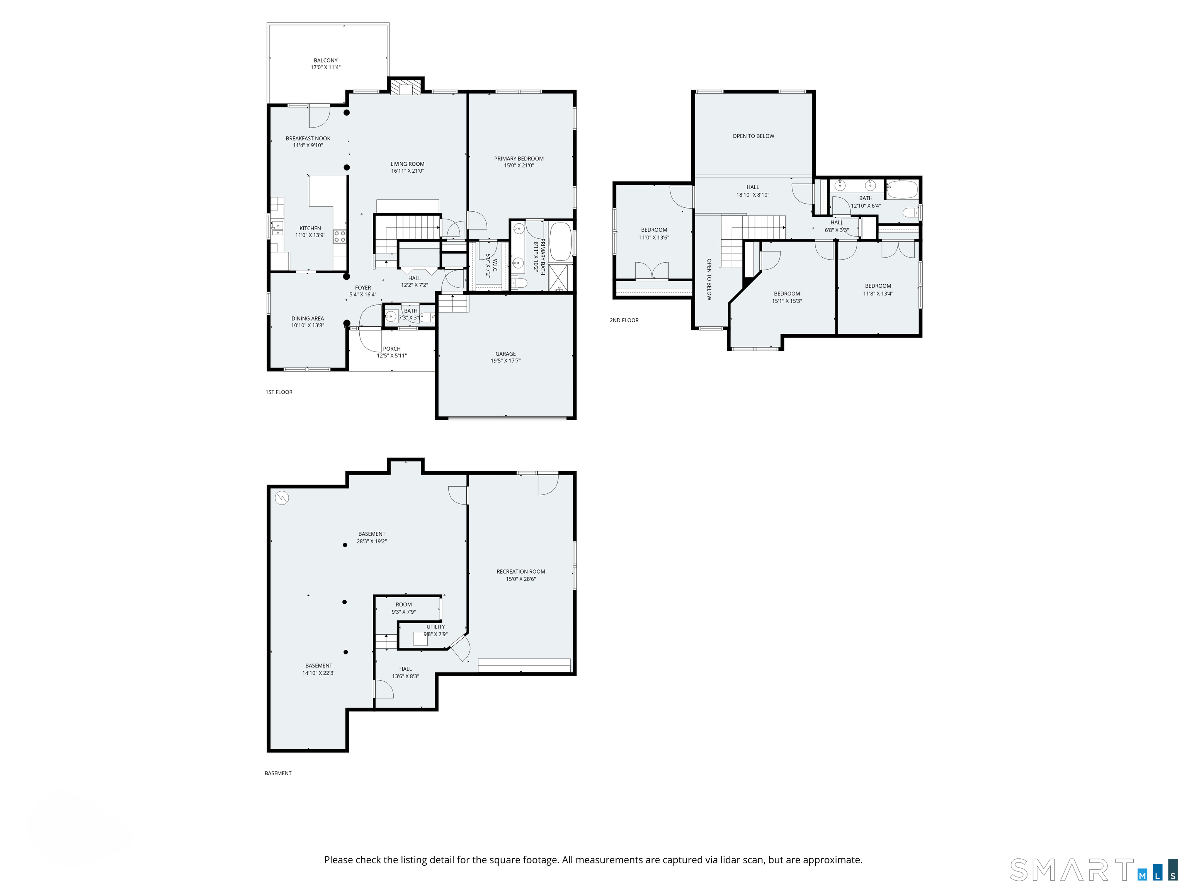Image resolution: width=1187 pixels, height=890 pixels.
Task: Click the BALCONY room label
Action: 326,61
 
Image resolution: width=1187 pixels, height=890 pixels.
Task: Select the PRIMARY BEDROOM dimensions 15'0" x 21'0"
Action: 519,166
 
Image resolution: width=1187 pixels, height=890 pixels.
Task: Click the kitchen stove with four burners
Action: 340,236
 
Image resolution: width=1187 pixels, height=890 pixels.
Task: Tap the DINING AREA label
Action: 308,319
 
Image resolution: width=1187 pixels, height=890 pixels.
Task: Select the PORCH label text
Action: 392,349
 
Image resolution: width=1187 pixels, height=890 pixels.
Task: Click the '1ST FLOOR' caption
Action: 279,392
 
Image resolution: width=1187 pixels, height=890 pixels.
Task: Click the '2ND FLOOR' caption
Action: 624,320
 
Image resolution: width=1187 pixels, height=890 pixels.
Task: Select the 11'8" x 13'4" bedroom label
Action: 878,290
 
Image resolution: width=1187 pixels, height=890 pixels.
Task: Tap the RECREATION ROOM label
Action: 520,572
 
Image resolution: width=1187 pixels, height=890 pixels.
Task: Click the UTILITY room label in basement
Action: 436,627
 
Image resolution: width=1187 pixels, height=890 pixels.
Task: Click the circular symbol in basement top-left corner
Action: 282,498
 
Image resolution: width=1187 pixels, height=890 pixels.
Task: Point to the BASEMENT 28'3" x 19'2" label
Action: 372,538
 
